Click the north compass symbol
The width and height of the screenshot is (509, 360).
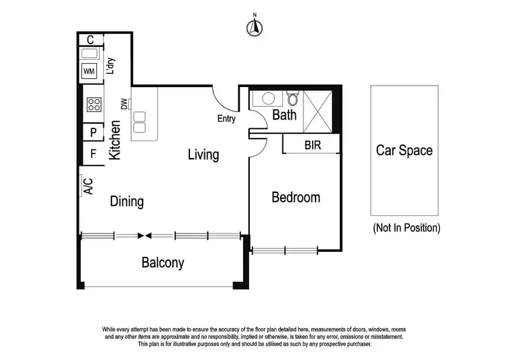click(254, 26)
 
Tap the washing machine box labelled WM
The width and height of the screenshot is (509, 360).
click(89, 71)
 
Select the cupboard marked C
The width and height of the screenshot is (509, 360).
click(90, 39)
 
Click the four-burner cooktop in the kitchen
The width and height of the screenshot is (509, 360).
click(94, 105)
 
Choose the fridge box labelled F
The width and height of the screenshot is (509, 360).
click(93, 154)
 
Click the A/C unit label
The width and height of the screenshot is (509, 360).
click(88, 185)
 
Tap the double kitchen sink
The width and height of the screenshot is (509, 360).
click(139, 121)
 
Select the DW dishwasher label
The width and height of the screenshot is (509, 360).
click(124, 104)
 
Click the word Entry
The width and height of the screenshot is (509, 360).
click(226, 119)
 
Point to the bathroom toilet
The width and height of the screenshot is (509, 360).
click(292, 98)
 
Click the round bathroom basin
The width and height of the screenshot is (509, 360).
click(265, 98)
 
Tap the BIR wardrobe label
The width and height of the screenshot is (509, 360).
click(313, 145)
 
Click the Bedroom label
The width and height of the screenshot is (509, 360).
click(295, 198)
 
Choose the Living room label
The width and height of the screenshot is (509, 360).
click(204, 155)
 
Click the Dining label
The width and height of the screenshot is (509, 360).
click(127, 202)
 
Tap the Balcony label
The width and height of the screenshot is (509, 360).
click(162, 263)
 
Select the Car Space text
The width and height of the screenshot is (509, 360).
click(404, 151)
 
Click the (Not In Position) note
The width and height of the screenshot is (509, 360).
click(407, 228)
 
